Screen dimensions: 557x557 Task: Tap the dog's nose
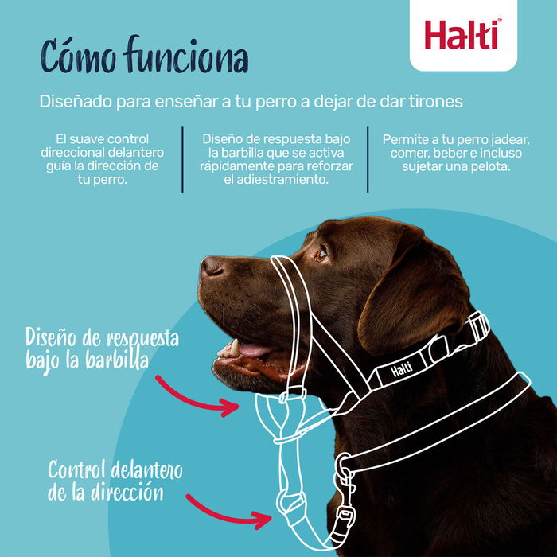pos(212,266)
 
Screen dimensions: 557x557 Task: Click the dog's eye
pos(321,255)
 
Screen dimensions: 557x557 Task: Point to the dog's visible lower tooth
pos(234,347)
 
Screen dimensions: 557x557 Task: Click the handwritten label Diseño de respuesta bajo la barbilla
pos(102,348)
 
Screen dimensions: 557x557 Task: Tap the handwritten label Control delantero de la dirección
pos(115,481)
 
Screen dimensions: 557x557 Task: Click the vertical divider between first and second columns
pos(182,158)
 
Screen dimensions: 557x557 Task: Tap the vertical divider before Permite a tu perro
pos(368,158)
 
